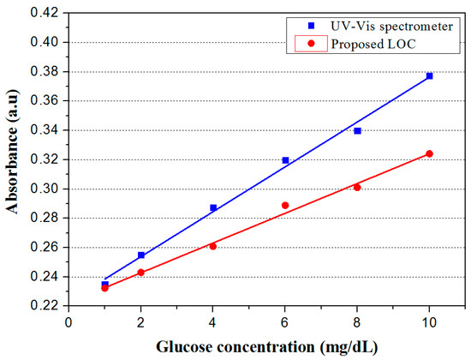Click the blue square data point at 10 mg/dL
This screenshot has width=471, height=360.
429,76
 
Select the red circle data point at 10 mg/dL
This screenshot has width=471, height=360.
429,153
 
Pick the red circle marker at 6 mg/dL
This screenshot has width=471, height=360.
285,206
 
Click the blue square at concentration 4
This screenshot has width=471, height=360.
213,207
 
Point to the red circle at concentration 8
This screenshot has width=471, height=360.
357,187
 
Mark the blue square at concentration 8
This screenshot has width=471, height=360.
357,130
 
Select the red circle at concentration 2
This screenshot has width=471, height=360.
141,273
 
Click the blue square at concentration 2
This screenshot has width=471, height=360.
141,255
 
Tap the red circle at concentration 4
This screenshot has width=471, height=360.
213,246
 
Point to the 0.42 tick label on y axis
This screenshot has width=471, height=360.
47,13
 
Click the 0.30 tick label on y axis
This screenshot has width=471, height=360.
47,189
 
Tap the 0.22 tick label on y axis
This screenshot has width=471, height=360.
47,306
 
